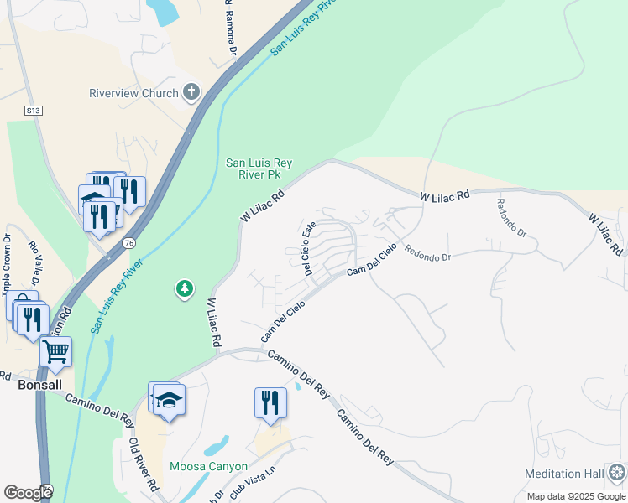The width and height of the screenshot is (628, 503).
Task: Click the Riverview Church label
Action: tap(133, 93)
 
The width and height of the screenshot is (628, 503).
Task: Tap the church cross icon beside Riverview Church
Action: tap(191, 92)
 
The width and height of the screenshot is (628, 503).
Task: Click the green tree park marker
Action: tap(184, 289)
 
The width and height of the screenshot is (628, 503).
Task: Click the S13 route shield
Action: tap(33, 110)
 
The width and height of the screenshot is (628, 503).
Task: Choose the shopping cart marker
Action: tap(55, 353)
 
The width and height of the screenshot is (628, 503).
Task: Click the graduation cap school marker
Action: tap(169, 401)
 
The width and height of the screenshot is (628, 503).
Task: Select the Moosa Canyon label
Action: tap(208, 466)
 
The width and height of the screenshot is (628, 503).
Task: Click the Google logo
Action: tap(28, 493)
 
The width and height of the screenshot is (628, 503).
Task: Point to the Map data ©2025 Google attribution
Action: tap(576, 496)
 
